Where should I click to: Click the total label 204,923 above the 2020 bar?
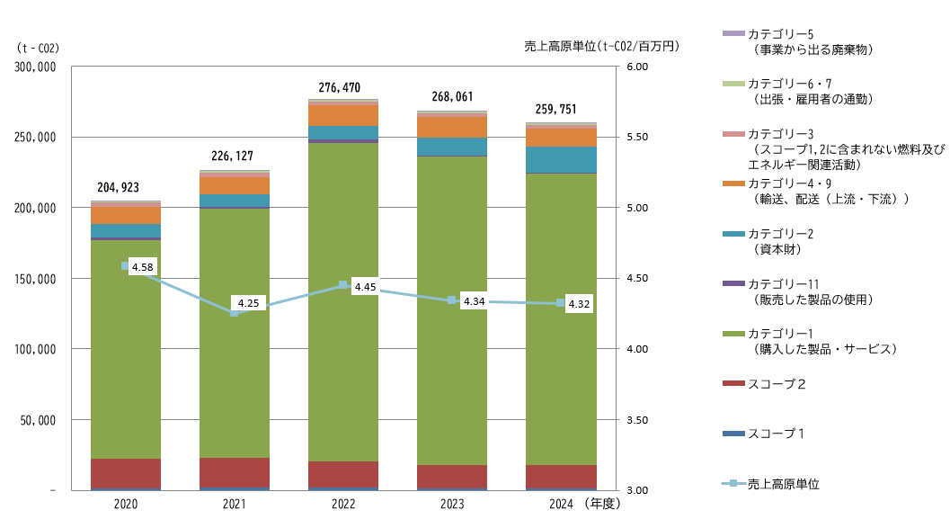118,188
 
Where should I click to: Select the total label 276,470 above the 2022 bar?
340,87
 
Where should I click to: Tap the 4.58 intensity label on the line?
141,267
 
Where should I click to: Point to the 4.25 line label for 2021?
247,303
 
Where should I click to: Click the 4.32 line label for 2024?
578,304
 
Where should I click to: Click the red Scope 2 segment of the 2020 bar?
126,474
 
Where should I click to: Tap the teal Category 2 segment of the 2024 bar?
561,159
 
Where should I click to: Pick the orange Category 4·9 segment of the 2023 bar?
452,127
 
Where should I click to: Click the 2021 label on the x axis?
234,505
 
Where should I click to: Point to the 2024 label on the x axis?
561,505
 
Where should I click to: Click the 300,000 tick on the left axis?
36,67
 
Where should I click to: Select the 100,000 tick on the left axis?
36,349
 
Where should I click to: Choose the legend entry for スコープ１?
776,434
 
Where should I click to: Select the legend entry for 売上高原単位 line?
783,484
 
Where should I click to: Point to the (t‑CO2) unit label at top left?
37,48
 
